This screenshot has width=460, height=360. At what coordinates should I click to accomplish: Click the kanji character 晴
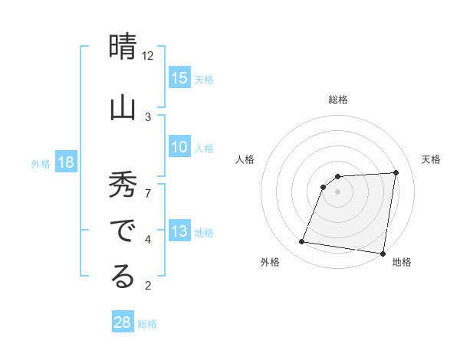pos(123,48)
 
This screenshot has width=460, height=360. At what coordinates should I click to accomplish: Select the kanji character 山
pos(123,106)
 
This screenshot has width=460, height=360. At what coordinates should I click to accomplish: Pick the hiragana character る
pos(123,277)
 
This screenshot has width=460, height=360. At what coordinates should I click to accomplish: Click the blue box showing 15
pos(179,78)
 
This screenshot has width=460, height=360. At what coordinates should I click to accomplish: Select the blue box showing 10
pos(179,147)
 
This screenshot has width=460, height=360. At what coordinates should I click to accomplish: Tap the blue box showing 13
pos(179,232)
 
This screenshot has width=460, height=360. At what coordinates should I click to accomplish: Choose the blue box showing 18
pos(65,163)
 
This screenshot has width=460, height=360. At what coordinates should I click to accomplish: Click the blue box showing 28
pos(123,322)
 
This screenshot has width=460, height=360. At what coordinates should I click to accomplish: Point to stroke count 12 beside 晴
pos(148,55)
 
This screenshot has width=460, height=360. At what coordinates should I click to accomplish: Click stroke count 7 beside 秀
pos(148,193)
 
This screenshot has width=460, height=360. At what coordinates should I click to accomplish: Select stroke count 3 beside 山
pos(148,116)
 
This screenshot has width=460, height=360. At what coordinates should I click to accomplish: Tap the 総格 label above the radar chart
pos(337,100)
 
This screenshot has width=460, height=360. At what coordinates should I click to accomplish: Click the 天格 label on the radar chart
pos(431,159)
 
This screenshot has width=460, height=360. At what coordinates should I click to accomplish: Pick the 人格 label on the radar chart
pos(245,159)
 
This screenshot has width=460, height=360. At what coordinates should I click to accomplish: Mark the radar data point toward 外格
pos(302,242)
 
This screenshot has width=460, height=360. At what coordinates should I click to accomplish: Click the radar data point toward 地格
pos(383,254)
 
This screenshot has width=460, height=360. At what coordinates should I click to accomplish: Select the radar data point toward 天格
pos(396,173)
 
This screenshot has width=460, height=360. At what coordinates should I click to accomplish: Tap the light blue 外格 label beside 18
pos(41,164)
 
